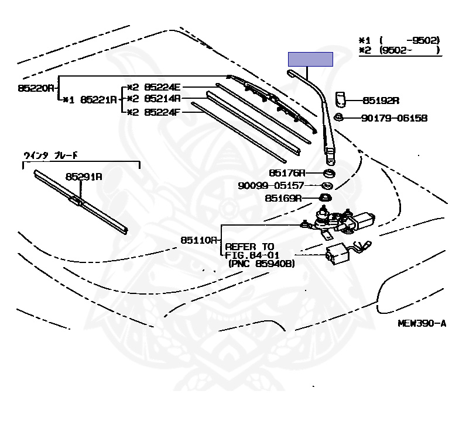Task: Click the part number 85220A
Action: tap(36, 88)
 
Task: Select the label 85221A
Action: tap(98, 99)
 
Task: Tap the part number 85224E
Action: tap(162, 86)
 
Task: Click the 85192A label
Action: tap(381, 100)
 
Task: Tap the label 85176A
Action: tap(287, 173)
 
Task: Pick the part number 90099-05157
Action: tap(270, 185)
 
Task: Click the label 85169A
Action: tap(283, 198)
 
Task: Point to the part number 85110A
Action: tap(199, 240)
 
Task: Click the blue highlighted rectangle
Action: tap(310, 59)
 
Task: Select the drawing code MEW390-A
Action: tap(420, 323)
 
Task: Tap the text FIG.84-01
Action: tap(253, 255)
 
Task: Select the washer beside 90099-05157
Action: tap(328, 186)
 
